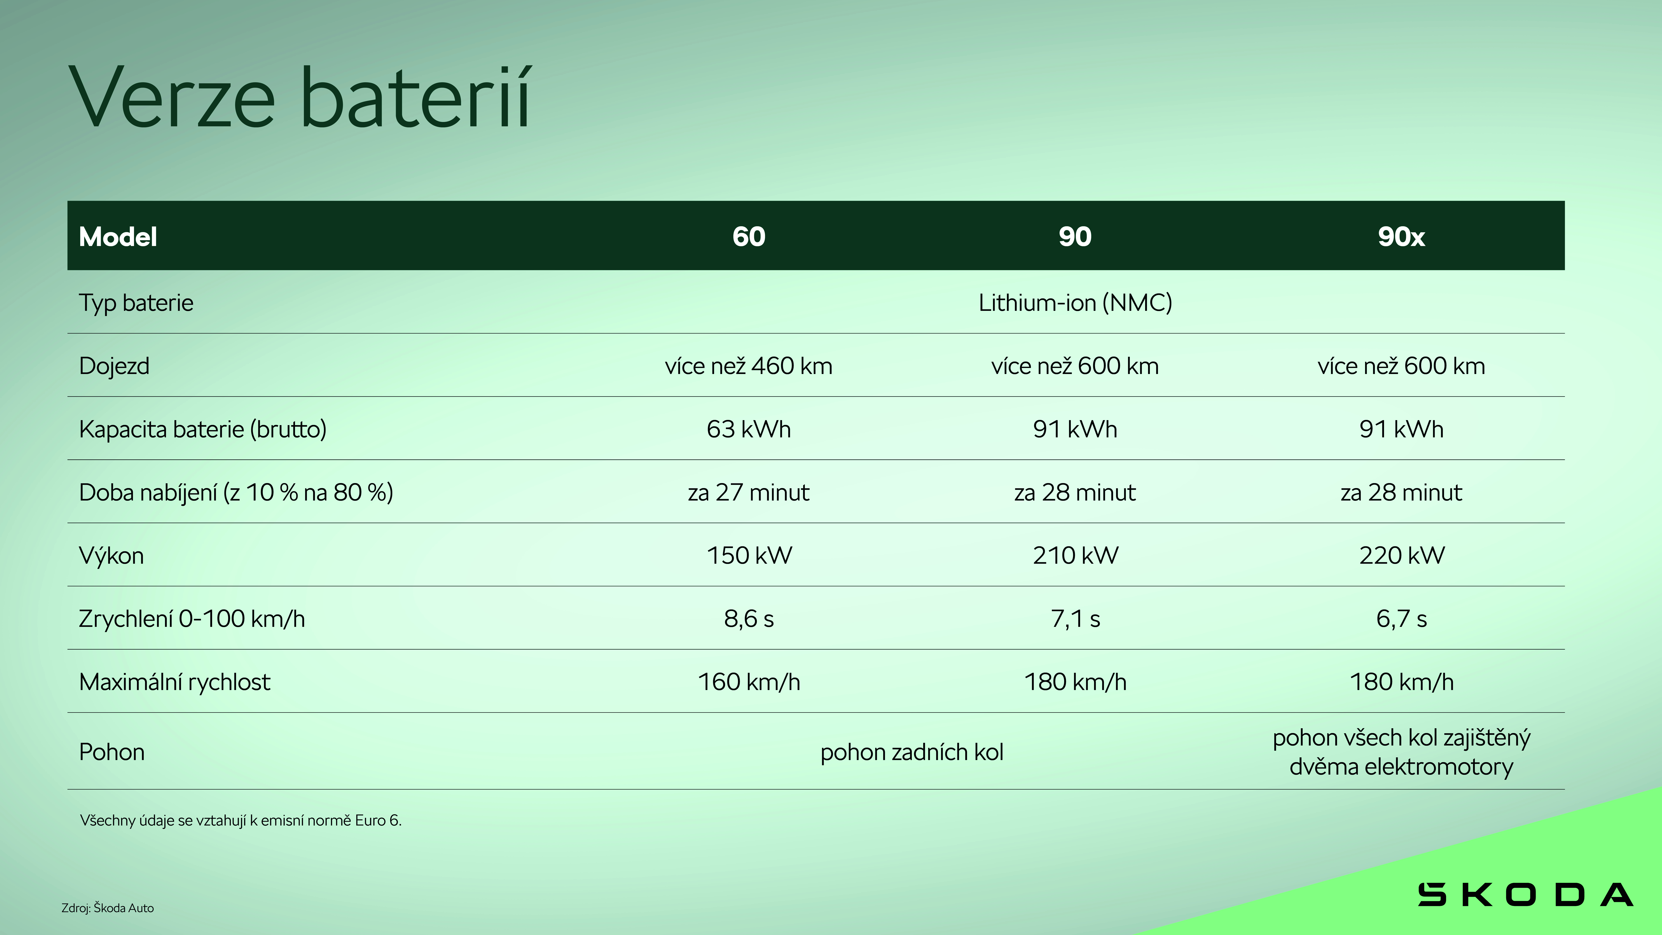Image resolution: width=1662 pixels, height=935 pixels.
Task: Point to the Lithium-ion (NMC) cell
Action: pyautogui.click(x=1075, y=303)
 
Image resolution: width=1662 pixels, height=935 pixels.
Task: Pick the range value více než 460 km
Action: pyautogui.click(x=748, y=366)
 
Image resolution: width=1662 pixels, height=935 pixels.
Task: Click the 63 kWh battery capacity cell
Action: pyautogui.click(x=748, y=429)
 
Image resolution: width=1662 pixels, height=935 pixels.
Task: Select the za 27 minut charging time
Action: pyautogui.click(x=748, y=492)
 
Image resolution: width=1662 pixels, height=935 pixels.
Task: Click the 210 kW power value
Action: pyautogui.click(x=1075, y=556)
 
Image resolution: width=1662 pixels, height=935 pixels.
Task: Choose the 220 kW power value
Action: pyautogui.click(x=1401, y=556)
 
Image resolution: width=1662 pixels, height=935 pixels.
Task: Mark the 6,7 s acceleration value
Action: pyautogui.click(x=1401, y=619)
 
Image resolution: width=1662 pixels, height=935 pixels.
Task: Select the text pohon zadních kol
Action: pyautogui.click(x=912, y=752)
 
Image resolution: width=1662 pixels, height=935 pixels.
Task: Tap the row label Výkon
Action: pyautogui.click(x=111, y=556)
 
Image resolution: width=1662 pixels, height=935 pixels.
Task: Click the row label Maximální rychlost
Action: pyautogui.click(x=174, y=682)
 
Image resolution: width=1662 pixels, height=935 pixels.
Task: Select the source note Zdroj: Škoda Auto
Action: pyautogui.click(x=108, y=908)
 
